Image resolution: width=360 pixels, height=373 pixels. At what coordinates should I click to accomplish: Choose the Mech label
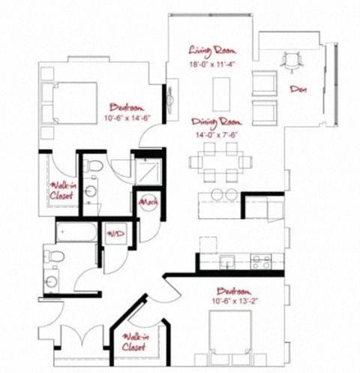click(x=146, y=202)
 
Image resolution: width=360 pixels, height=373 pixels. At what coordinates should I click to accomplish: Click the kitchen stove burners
click(x=259, y=262)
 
